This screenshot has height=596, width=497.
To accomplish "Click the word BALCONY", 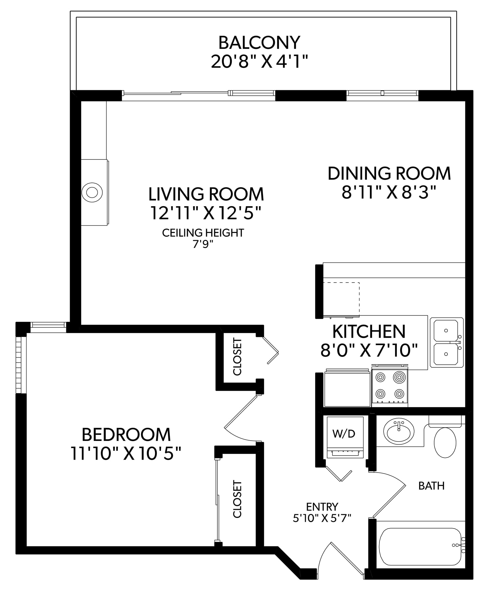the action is click(x=259, y=43).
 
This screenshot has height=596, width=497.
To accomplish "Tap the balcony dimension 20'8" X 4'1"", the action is click(x=259, y=62).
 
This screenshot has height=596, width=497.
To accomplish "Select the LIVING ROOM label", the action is click(x=206, y=194).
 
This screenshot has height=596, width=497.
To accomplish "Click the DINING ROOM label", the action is click(x=389, y=173).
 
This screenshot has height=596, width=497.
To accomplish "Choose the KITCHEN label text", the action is click(x=369, y=331).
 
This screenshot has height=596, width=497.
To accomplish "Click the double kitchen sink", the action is click(x=447, y=342).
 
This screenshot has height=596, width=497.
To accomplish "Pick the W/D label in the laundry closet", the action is click(x=343, y=434).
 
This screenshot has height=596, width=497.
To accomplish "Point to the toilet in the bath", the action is click(x=445, y=438).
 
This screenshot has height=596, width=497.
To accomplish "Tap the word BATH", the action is click(x=431, y=486).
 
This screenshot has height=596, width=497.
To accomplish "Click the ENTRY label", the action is click(x=322, y=507).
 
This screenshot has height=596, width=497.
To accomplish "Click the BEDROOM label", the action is click(x=126, y=435).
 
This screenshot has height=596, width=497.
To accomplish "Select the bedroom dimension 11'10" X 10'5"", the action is click(x=126, y=453).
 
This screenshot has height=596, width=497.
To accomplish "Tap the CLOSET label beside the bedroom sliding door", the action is click(x=237, y=499).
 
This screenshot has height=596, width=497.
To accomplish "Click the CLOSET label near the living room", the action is click(x=237, y=357).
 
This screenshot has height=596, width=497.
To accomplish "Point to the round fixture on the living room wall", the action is click(x=92, y=192).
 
